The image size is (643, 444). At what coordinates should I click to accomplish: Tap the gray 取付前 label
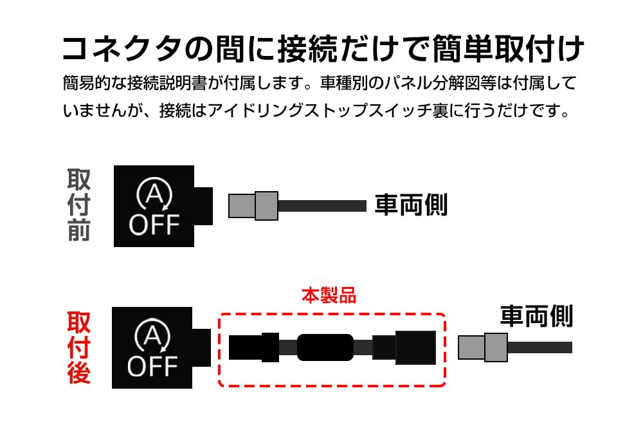(x=78, y=205)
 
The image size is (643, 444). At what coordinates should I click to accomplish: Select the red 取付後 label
(x=78, y=348)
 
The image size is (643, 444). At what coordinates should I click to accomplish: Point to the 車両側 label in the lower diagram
(x=536, y=316)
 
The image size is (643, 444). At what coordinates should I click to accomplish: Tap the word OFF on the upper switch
(x=154, y=225)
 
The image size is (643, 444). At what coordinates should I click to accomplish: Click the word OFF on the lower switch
(x=152, y=366)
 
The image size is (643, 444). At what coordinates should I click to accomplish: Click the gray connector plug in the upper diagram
(x=253, y=205)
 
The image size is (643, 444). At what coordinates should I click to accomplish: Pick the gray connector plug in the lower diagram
(x=483, y=347)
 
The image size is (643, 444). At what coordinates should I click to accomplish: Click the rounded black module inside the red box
(x=325, y=347)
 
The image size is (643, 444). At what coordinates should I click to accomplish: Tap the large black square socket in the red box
(x=415, y=347)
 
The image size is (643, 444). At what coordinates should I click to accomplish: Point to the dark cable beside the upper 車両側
(x=321, y=206)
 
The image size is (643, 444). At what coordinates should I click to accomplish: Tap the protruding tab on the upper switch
(x=203, y=206)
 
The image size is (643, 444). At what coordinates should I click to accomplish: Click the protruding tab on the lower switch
(x=202, y=347)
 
